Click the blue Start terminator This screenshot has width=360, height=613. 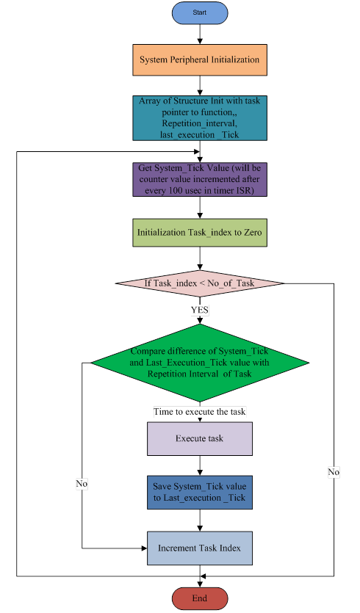[200, 12]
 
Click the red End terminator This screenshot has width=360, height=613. [200, 598]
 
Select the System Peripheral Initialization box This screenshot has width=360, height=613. [199, 59]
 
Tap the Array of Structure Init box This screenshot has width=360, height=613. [199, 117]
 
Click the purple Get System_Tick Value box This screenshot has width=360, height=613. [199, 180]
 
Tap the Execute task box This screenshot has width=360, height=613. [200, 438]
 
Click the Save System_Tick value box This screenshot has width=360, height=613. [200, 493]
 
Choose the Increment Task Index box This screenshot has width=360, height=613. [200, 548]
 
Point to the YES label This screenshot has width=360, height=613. [200, 310]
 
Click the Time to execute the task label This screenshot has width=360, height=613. [200, 411]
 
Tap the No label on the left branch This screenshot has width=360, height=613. [82, 484]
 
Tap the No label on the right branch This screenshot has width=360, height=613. [334, 472]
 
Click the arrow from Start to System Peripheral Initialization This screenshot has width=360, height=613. [200, 34]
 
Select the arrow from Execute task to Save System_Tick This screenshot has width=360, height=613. [200, 465]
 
